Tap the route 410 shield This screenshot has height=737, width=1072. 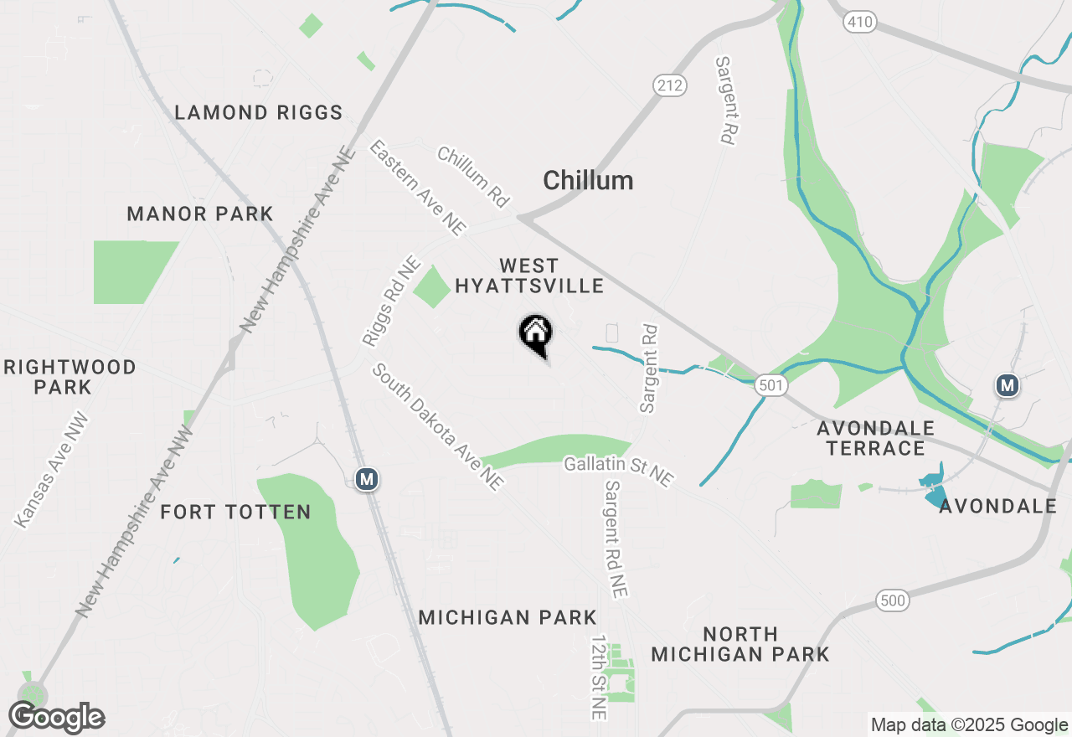click(860, 22)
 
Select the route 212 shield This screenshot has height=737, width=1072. click(670, 85)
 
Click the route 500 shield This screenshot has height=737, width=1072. click(893, 600)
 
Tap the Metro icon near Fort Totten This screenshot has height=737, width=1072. click(366, 479)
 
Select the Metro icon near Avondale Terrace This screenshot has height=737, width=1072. click(1008, 385)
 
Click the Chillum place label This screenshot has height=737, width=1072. click(588, 180)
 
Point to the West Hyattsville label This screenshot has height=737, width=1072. click(529, 276)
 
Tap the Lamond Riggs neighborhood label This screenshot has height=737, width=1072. click(259, 112)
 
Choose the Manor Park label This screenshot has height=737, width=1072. click(200, 214)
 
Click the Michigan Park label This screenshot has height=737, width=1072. click(508, 618)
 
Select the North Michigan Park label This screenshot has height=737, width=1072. click(740, 644)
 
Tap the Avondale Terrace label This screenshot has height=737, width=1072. click(875, 438)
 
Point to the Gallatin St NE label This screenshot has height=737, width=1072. click(619, 471)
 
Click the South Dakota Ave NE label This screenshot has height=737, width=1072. click(438, 426)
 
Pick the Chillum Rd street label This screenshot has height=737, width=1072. click(473, 177)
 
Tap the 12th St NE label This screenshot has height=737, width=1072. click(598, 677)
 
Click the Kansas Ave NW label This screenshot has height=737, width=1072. click(51, 470)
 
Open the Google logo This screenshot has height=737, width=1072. click(57, 717)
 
